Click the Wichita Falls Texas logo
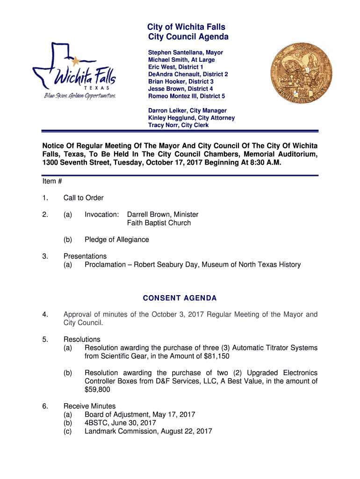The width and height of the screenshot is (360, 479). point(74,73)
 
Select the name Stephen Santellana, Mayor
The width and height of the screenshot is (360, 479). point(186,53)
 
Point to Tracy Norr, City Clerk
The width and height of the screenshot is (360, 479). point(179,125)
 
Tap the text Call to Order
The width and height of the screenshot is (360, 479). point(84,198)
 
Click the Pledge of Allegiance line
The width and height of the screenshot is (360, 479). point(117,240)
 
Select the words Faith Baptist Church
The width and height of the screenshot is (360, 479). point(159,223)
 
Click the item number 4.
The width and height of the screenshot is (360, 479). point(44,315)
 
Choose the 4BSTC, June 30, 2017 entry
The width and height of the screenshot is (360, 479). point(120,423)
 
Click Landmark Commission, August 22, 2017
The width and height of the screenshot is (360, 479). point(148,431)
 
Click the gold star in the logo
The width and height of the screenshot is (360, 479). point(75,60)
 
